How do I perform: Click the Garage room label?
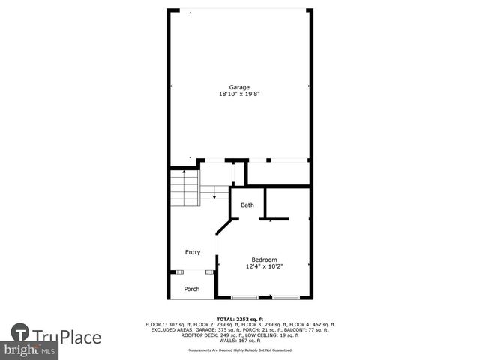[239, 88]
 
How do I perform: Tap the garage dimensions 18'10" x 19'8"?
[239, 94]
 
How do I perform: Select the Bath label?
[247, 205]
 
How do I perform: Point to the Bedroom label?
[264, 259]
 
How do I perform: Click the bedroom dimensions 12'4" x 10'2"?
[264, 266]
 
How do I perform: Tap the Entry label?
[193, 252]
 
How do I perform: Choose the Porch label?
[192, 288]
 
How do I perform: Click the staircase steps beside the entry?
[184, 188]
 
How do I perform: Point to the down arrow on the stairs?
[214, 196]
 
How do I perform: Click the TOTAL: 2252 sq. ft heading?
[240, 319]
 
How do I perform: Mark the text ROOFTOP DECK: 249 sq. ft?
[202, 334]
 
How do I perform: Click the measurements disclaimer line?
[240, 349]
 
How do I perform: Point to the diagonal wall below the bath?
[223, 227]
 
